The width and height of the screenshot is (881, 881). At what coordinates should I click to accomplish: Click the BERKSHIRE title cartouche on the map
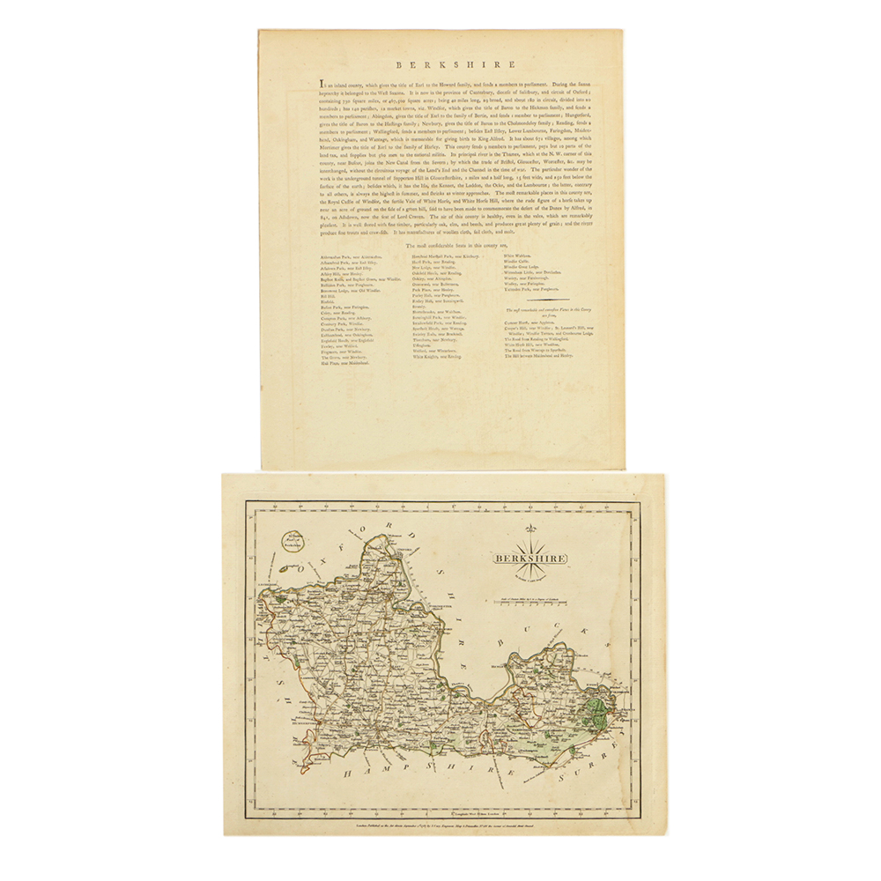point(529,558)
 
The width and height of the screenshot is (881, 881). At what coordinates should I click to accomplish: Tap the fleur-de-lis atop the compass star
point(530,529)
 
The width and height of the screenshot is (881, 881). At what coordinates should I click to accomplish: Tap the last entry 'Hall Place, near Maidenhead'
point(348,362)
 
